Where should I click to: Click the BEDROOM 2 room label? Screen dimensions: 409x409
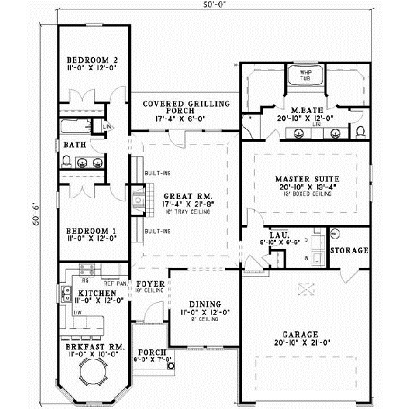[x=90, y=60]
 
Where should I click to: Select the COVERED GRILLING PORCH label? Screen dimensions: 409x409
[x=185, y=104]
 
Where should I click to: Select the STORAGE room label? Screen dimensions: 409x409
[x=349, y=251]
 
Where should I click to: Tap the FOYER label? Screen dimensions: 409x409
[x=148, y=283]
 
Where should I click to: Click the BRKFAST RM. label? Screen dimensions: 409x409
[x=91, y=347]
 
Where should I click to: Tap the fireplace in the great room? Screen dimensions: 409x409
[x=139, y=200]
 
